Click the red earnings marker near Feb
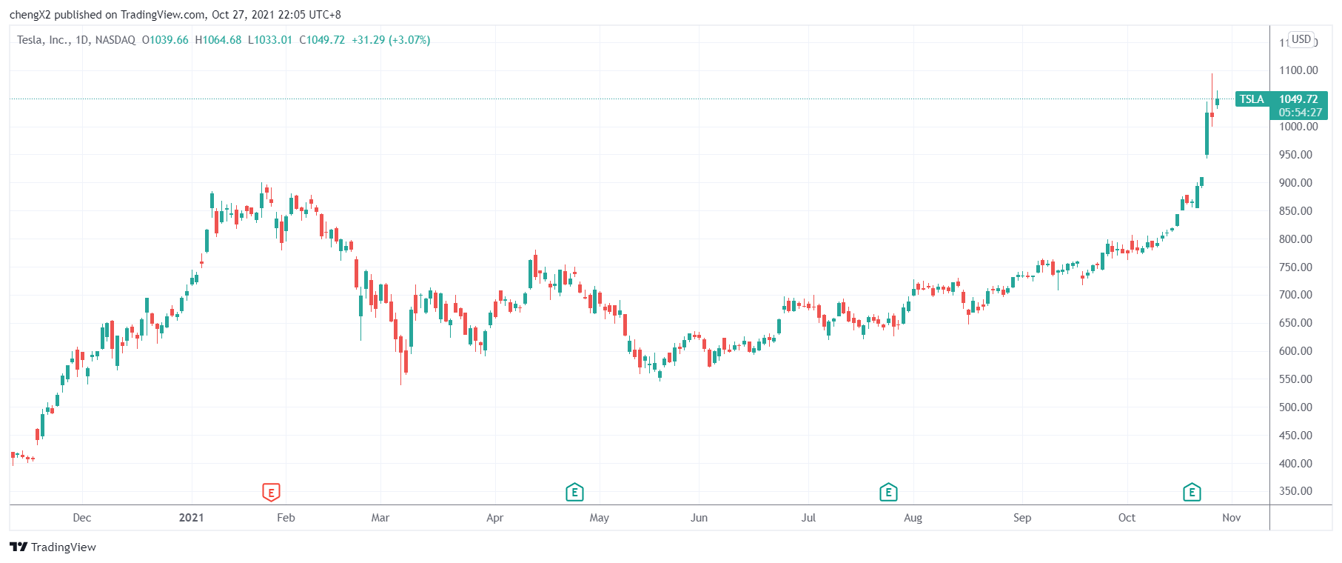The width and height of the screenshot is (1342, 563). point(271,492)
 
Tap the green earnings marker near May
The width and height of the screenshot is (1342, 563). point(574,492)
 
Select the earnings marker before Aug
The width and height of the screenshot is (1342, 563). point(888,492)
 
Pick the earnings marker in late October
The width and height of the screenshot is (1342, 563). point(1192,492)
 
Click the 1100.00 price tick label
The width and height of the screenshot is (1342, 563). point(1298,70)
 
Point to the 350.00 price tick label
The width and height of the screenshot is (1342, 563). point(1295,491)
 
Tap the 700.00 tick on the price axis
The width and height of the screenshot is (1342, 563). point(1295,295)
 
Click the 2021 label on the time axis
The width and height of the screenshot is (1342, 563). point(191,518)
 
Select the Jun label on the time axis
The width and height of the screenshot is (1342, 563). point(699,518)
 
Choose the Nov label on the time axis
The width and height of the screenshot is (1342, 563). point(1231,518)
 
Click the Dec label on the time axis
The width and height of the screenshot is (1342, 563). point(82,518)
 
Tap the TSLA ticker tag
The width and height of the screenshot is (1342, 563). point(1252,99)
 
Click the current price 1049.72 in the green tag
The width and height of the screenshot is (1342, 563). point(1298,99)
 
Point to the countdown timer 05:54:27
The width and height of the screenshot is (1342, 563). point(1300,113)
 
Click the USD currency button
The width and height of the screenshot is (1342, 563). point(1301,39)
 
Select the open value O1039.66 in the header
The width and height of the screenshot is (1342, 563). point(165,40)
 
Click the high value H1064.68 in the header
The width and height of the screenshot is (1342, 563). point(218,40)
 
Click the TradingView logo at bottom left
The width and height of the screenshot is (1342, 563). point(53,547)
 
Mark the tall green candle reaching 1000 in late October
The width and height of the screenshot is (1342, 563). point(1207,133)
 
